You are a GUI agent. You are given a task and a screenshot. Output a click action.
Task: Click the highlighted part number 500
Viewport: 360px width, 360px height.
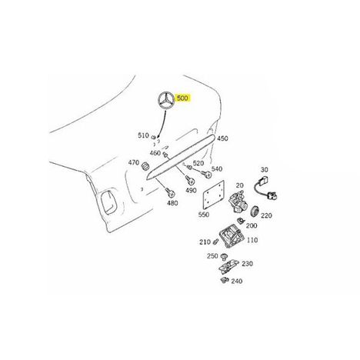182,98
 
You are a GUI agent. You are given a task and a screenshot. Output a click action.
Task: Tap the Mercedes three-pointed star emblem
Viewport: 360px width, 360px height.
166,101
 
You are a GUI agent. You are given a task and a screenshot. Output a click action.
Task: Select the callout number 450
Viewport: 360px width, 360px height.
222,138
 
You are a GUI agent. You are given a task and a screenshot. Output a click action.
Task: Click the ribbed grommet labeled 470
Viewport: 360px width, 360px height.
145,165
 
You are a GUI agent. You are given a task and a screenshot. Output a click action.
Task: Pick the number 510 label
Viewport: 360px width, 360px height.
143,135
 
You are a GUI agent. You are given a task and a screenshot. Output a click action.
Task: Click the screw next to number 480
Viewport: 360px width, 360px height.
169,192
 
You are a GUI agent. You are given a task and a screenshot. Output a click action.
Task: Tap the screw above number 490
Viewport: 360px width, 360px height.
190,180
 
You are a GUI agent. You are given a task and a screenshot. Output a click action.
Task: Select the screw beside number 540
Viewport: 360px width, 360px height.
207,175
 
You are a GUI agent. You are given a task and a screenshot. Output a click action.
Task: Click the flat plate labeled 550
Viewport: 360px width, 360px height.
213,195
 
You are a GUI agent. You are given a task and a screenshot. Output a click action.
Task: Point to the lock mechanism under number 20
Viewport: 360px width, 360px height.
238,202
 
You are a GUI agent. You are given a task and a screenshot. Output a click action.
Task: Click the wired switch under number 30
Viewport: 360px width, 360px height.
266,188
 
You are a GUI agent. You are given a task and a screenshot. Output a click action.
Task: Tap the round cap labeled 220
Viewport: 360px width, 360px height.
255,211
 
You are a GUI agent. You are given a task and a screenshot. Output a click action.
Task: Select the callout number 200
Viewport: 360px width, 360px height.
252,225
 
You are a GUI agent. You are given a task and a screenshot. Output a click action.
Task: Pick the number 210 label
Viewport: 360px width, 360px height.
205,242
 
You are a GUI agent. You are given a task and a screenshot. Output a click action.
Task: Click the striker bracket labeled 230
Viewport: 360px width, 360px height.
228,267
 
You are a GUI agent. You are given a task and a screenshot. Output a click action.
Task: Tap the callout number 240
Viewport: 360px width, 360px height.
236,281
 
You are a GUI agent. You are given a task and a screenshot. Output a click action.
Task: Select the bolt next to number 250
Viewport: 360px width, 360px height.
225,256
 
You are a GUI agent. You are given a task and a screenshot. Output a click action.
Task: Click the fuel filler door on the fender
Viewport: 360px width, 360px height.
108,202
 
